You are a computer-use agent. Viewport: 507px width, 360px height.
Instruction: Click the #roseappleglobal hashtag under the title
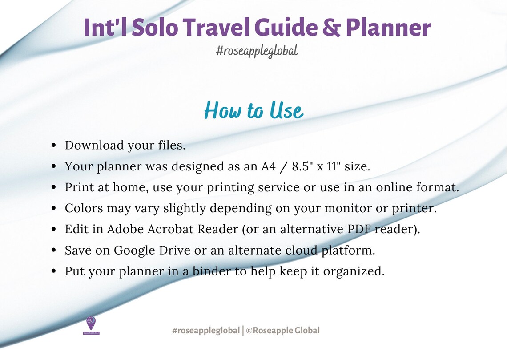pos(257,51)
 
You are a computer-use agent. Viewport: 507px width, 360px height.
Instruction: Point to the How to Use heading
pos(253,110)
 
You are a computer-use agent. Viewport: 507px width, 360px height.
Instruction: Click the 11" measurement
pos(336,166)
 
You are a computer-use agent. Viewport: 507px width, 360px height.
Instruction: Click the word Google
pos(135,251)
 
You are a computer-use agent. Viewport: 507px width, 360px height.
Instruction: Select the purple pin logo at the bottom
pos(91,323)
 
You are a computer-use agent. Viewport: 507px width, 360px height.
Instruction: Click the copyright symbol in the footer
pos(249,331)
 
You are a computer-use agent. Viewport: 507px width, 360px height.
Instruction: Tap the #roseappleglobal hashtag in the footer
pos(205,331)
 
